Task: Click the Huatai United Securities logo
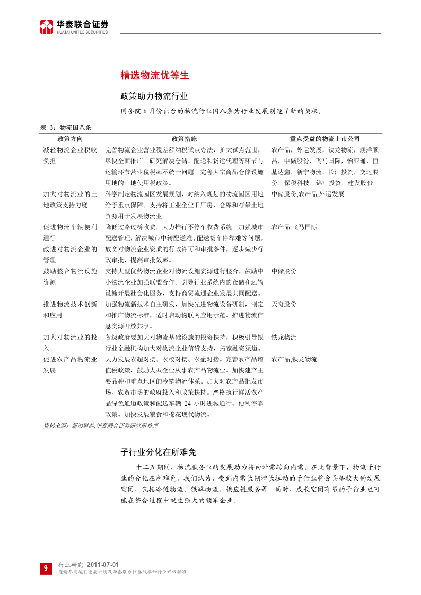pyautogui.click(x=74, y=27)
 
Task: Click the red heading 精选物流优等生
pyautogui.click(x=155, y=75)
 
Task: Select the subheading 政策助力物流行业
pyautogui.click(x=154, y=96)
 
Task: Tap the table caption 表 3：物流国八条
pyautogui.click(x=66, y=128)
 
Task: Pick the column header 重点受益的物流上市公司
pyautogui.click(x=325, y=139)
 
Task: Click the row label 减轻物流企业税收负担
pyautogui.click(x=70, y=155)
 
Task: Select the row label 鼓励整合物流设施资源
pyautogui.click(x=70, y=277)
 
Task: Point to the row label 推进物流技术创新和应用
pyautogui.click(x=70, y=309)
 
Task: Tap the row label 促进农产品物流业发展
pyautogui.click(x=70, y=365)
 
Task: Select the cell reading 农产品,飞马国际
pyautogui.click(x=294, y=227)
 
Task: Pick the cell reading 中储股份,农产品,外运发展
pyautogui.click(x=308, y=194)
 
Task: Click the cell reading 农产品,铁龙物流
pyautogui.click(x=294, y=359)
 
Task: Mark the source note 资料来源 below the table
pyautogui.click(x=101, y=425)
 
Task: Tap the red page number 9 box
pyautogui.click(x=46, y=568)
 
